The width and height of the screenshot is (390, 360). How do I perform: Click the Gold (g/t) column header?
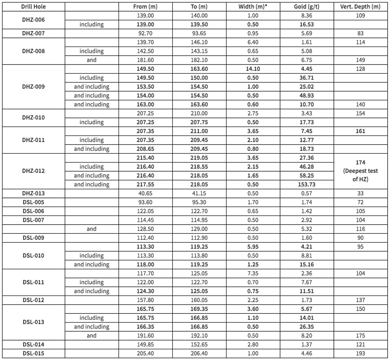(309, 7)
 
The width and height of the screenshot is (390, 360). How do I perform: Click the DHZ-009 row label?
(33, 86)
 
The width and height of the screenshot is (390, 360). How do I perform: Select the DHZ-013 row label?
(33, 193)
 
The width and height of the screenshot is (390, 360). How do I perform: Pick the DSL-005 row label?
(33, 202)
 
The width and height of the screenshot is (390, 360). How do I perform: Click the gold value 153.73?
(309, 184)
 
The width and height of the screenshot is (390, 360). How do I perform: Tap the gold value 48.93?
(309, 96)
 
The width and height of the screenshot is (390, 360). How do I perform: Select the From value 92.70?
(147, 33)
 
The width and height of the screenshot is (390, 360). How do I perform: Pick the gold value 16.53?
(309, 24)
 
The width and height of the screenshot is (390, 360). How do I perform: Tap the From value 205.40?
(147, 353)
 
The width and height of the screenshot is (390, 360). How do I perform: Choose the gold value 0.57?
(309, 193)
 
